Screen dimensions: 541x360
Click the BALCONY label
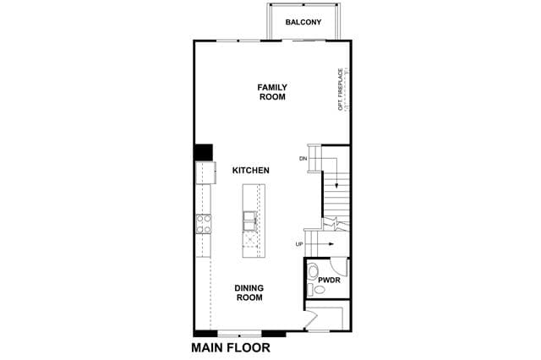303,22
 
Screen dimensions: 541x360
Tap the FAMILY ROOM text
272,92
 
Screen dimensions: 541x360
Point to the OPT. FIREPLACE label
341,90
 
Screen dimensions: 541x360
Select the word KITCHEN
251,171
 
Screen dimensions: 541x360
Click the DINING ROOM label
249,292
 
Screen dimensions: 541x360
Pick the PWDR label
329,280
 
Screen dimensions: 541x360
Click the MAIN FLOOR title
231,347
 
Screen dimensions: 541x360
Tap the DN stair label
303,159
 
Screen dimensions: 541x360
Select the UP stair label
299,244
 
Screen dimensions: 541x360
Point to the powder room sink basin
320,290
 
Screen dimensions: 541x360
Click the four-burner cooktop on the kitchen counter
204,224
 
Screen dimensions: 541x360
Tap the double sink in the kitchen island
250,221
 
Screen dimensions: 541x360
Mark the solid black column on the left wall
203,152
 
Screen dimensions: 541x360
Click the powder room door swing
338,266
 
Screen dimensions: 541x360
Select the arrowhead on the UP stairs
331,244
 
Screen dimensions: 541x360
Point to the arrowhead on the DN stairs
336,186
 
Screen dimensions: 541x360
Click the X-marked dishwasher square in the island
250,238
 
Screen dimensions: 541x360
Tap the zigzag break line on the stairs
336,223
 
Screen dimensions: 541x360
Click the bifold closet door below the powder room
312,319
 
